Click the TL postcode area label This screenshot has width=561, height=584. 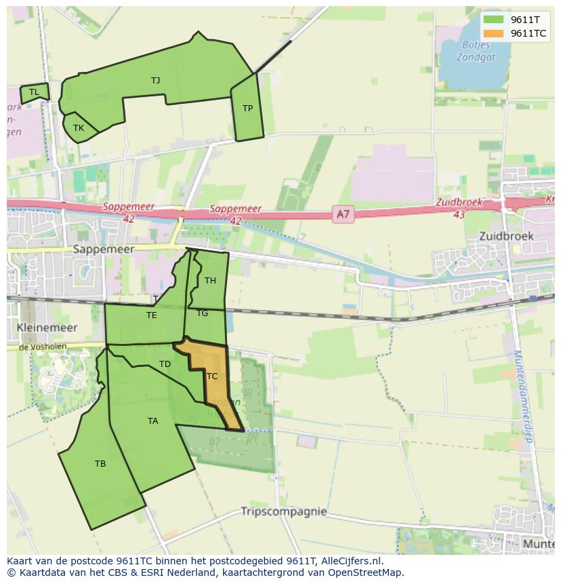pos(34,92)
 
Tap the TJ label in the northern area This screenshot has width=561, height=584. pos(156,81)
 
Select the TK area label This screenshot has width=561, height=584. pos(79,128)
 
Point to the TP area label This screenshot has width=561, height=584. pos(247,109)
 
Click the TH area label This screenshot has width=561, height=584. pos(210,281)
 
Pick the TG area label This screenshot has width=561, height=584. pos(203,313)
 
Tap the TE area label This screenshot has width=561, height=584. pos(152,315)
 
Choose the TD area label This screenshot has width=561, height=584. pos(165,364)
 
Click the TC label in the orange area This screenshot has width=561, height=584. pos(212,376)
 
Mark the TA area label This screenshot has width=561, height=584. pos(152,421)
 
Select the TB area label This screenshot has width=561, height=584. pos(100,464)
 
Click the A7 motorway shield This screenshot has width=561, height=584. pos(344,215)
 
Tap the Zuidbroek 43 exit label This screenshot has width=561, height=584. pos(459,208)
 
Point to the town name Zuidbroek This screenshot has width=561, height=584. pos(506,237)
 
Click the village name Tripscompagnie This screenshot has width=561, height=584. pos(284,511)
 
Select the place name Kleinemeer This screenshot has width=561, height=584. pos(47,328)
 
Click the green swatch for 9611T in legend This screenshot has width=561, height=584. pos(494,20)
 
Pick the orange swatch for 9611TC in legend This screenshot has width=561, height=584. pos(494,33)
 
